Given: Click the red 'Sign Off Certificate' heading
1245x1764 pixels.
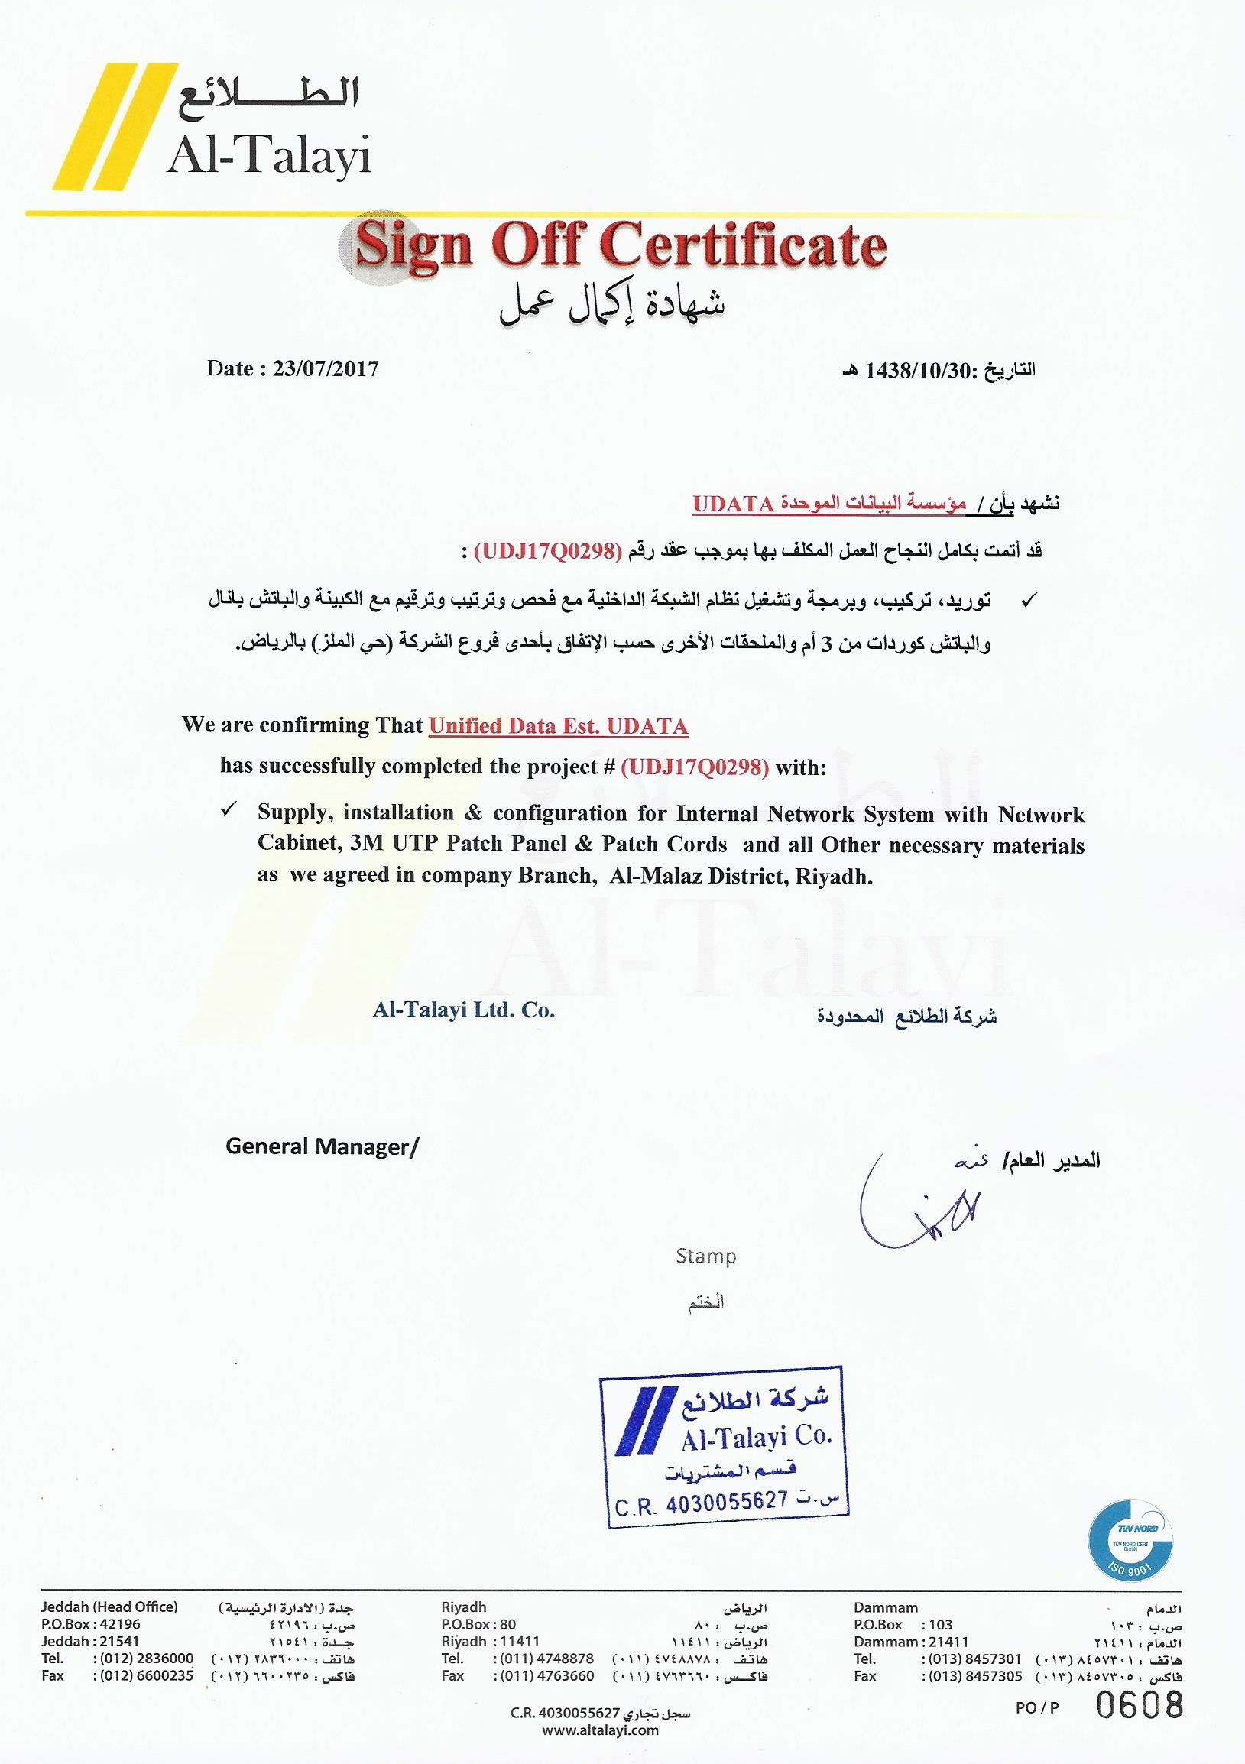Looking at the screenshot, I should tap(621, 245).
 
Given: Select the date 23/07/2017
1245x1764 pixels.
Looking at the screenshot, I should tap(326, 369).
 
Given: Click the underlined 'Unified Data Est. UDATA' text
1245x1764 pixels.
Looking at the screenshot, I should tap(559, 726).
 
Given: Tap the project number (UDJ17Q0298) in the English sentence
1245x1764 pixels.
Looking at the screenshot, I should tap(694, 767).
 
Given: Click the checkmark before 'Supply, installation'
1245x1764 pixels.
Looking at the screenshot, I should tap(229, 811).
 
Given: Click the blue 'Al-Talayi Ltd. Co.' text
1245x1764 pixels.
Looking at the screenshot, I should tap(464, 1010).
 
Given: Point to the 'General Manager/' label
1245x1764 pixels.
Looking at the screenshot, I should tap(323, 1147).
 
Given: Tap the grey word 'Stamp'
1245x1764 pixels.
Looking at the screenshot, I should tap(706, 1257).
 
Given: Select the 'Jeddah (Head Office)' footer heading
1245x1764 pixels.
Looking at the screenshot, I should tap(109, 1607).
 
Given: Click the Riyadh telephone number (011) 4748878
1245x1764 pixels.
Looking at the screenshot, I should tap(546, 1659).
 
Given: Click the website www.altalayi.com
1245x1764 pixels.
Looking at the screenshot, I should tap(601, 1730).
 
